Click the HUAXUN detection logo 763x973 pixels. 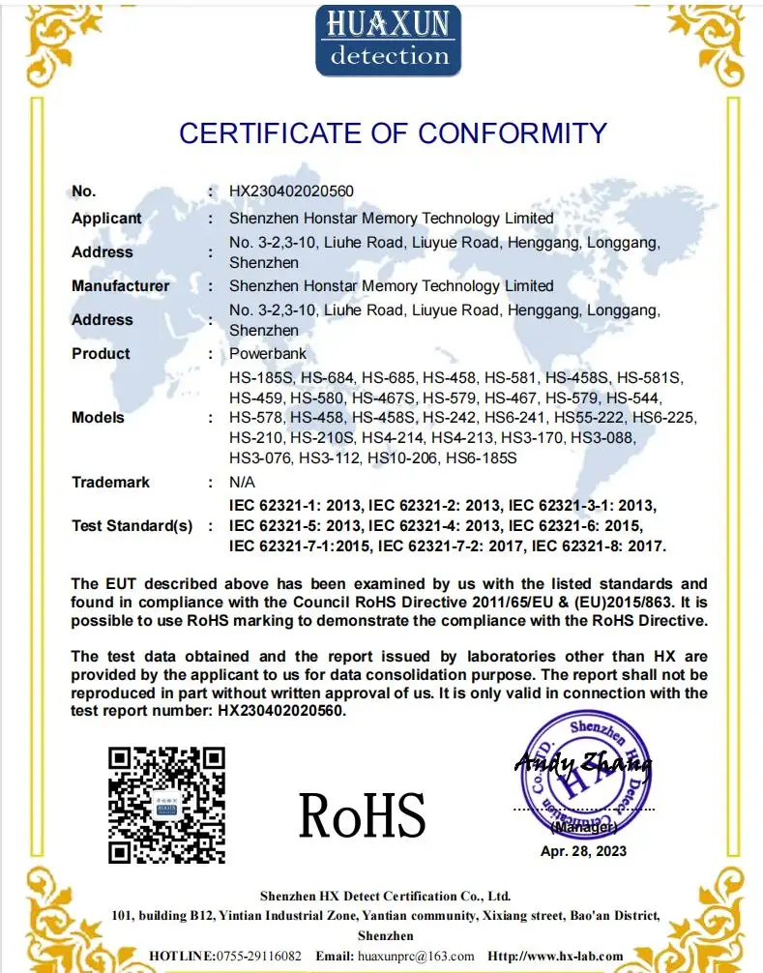(x=388, y=41)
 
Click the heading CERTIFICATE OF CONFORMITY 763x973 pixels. (x=393, y=133)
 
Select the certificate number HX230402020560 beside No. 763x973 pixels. (x=291, y=192)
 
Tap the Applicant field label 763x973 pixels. (x=106, y=219)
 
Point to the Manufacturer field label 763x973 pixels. (x=120, y=286)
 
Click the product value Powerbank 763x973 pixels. (x=268, y=354)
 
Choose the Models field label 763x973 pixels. (x=98, y=418)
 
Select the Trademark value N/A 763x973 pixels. (x=243, y=482)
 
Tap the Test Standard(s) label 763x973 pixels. (x=132, y=526)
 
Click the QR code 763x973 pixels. (x=166, y=805)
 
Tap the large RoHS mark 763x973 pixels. (x=362, y=815)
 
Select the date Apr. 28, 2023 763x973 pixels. (x=583, y=851)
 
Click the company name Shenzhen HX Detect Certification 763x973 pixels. (x=371, y=896)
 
